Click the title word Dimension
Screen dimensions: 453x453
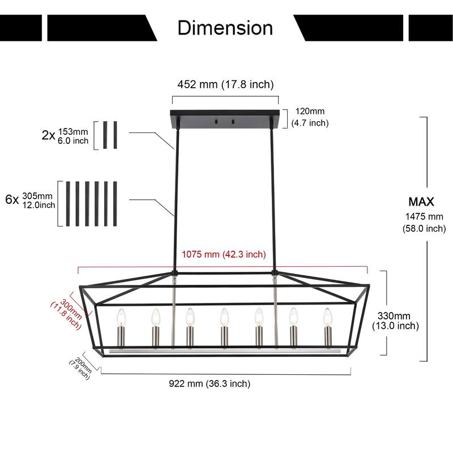[225, 27]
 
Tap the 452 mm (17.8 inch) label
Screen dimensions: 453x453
[225, 84]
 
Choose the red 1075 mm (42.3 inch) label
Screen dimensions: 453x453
[223, 254]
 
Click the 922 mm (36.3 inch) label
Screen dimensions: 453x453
[210, 383]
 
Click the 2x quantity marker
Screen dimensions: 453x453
[48, 135]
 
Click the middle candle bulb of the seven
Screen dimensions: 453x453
[223, 317]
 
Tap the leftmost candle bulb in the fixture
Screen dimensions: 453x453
[120, 317]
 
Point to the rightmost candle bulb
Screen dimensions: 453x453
[327, 317]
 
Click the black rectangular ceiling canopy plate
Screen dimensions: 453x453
[225, 119]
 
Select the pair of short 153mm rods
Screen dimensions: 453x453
[110, 135]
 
